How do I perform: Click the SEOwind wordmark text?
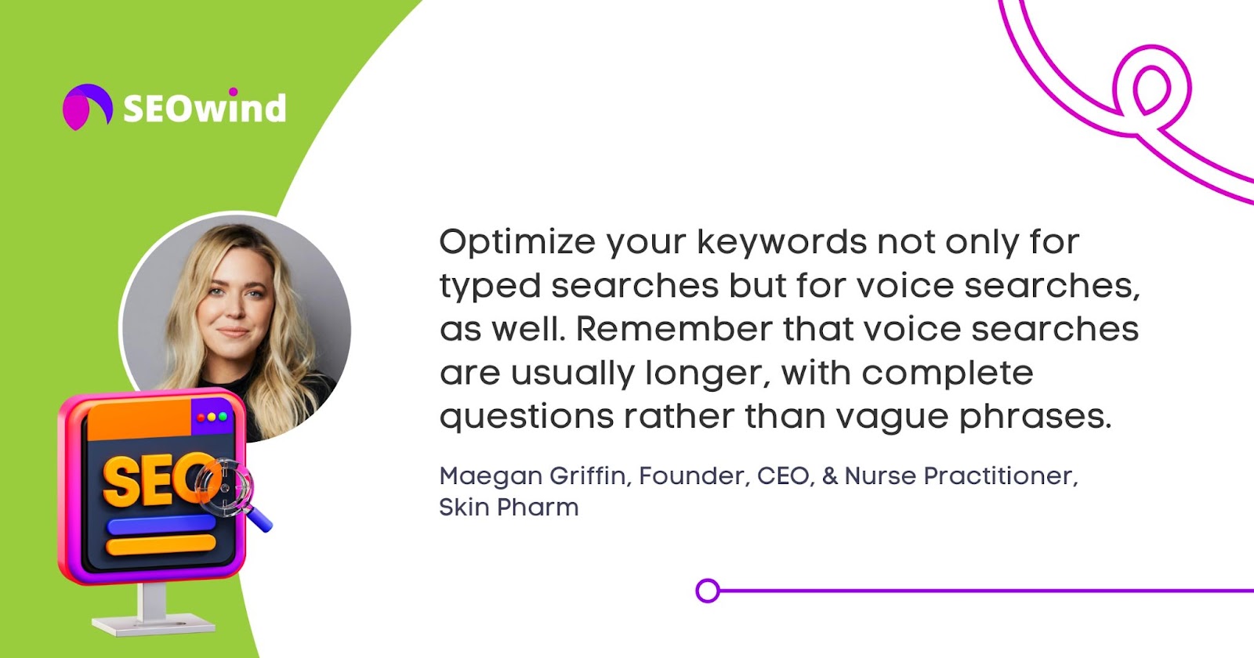205,107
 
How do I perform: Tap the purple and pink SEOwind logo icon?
87,107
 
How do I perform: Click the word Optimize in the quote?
516,243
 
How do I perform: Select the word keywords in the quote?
781,241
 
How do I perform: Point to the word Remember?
674,328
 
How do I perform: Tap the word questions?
527,418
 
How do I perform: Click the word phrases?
1035,416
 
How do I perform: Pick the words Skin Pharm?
509,508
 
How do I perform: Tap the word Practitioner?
1000,476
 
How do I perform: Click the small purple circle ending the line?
708,591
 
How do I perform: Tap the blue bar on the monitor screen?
161,526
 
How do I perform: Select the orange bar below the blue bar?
161,544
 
